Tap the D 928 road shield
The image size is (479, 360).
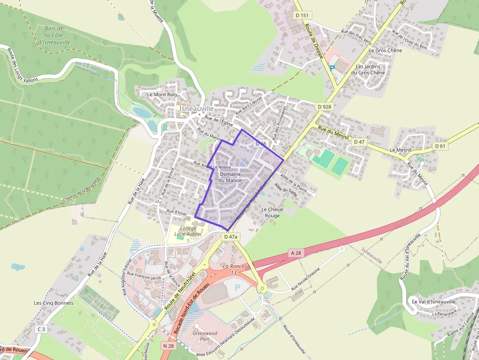tap(324, 106)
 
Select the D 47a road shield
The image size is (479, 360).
tap(231, 236)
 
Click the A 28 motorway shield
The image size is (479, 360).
tap(296, 253)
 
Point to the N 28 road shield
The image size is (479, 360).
tap(169, 346)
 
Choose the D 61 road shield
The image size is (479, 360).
tap(440, 146)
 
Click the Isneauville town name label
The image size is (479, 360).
tap(196, 108)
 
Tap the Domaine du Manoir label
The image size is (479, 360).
tap(231, 177)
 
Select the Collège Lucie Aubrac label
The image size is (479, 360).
tap(188, 231)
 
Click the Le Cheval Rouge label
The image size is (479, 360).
tap(272, 212)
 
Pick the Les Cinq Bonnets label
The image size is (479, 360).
tap(53, 303)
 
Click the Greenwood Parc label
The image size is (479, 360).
tap(205, 336)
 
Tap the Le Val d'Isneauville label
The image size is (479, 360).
tap(434, 301)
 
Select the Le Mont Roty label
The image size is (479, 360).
tap(162, 94)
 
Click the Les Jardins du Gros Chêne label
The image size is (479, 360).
tap(370, 69)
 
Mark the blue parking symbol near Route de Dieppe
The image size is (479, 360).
tap(332, 68)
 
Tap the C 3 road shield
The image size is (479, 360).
tap(41, 329)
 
